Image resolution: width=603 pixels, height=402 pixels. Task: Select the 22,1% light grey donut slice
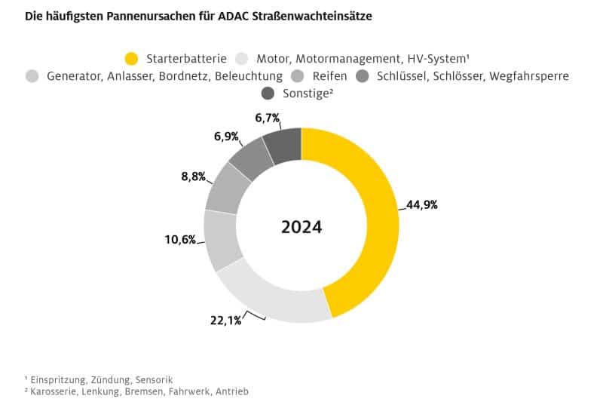(x=271, y=299)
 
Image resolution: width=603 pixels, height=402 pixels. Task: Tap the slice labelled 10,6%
(x=221, y=240)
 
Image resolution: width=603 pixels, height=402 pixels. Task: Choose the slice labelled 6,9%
(x=253, y=157)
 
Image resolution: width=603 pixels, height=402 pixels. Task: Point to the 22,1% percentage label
(x=225, y=321)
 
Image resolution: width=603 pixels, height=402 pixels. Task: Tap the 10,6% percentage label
(x=180, y=240)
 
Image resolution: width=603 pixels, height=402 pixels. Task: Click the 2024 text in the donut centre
(x=301, y=227)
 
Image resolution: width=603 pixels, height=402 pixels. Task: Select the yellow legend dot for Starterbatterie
(x=132, y=58)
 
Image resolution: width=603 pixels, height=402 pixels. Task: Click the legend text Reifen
(x=329, y=75)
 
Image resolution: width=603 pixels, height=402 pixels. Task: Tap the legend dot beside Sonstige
(x=268, y=94)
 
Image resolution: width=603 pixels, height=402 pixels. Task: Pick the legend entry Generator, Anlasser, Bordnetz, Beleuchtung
(x=164, y=75)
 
